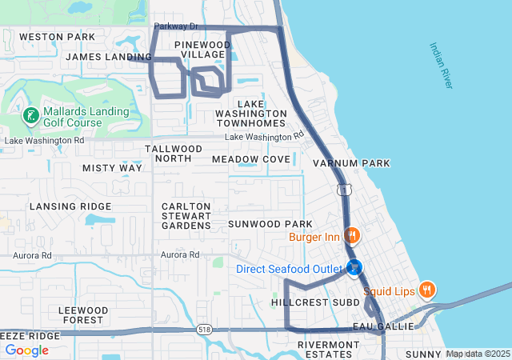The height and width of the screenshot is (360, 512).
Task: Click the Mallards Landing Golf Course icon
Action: (x=30, y=116)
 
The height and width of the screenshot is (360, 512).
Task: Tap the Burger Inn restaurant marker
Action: (x=350, y=236)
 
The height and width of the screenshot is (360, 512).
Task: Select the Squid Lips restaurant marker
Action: (x=428, y=290)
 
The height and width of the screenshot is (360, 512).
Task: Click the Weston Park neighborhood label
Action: (x=57, y=37)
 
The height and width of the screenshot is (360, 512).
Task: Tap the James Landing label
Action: (x=109, y=57)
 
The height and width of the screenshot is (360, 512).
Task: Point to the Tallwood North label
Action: (x=174, y=154)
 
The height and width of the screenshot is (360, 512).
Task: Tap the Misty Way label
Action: (x=112, y=168)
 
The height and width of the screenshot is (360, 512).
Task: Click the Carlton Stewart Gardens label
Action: (x=186, y=216)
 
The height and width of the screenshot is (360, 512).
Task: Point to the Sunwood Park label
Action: (x=270, y=223)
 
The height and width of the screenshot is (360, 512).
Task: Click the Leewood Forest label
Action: (x=83, y=315)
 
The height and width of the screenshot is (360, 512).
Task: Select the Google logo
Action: (x=26, y=350)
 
